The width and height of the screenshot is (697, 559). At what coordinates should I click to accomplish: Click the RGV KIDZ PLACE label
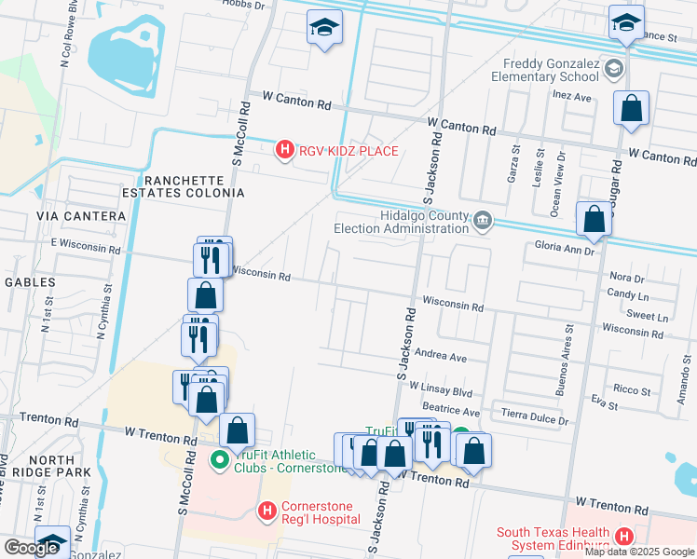coord(348,151)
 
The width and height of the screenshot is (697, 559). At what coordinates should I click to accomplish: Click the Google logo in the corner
coord(31,548)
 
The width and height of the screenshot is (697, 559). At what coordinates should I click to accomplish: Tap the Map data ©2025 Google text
coord(638,552)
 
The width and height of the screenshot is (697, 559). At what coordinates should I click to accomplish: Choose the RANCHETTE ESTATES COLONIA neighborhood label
coord(194,186)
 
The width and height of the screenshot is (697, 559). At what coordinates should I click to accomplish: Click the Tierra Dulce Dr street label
coord(534,419)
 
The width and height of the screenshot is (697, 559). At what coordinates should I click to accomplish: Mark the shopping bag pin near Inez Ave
coord(631,108)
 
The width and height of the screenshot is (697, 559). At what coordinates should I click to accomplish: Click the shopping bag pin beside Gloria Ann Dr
coord(594,220)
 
